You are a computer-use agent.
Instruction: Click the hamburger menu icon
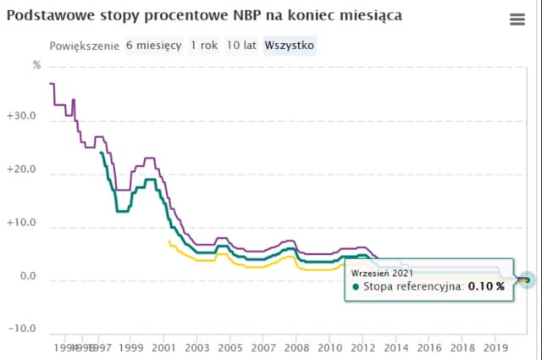click(517, 20)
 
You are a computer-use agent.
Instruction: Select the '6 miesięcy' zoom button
click(154, 45)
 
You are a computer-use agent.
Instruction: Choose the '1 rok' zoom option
click(202, 45)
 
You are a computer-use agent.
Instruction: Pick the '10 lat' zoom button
click(241, 45)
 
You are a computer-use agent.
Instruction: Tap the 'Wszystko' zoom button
click(289, 45)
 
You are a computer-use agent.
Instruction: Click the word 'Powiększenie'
click(85, 45)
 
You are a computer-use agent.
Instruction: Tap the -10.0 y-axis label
click(21, 329)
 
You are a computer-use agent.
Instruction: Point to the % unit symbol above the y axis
click(36, 65)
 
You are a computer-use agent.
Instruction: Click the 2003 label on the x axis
click(196, 347)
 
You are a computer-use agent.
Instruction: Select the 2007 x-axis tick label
click(263, 347)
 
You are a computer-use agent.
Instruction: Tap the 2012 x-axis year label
click(362, 347)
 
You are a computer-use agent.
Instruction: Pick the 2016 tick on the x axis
click(429, 347)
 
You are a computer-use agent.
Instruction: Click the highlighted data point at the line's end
click(526, 280)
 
